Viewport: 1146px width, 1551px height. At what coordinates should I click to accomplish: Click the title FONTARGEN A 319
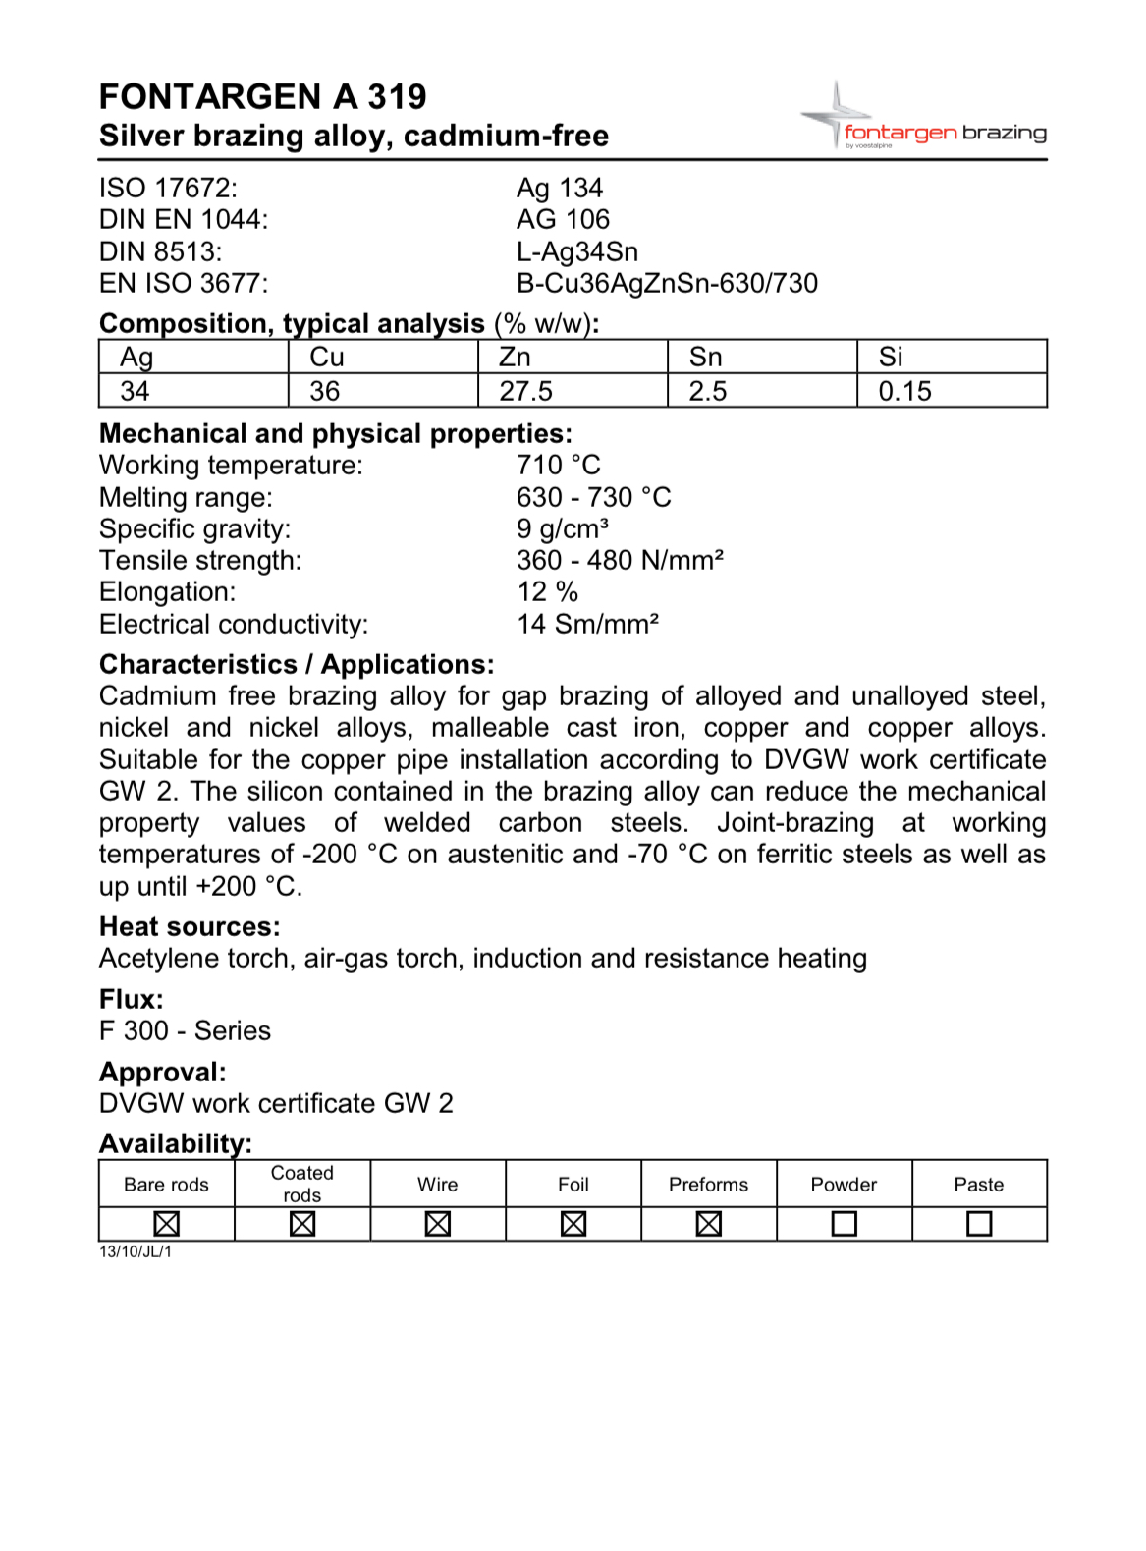[x=262, y=96]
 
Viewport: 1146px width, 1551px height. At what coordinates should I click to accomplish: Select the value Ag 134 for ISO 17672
[x=560, y=188]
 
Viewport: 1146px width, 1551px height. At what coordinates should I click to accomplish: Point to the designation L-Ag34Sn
[x=577, y=251]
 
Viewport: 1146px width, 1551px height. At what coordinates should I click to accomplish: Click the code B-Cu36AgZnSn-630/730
[x=667, y=283]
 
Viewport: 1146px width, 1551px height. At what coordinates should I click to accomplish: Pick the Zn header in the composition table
[x=515, y=357]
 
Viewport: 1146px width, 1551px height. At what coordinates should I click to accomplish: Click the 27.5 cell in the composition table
[x=525, y=391]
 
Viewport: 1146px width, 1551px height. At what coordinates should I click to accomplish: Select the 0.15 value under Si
[x=904, y=391]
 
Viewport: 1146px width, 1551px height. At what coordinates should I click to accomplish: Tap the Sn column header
[x=705, y=357]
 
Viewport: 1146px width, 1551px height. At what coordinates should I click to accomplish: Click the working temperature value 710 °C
[x=559, y=465]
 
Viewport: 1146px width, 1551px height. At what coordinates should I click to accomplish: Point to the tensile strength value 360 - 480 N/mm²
[x=620, y=560]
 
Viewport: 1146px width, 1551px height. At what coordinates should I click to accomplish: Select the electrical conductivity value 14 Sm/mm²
[x=587, y=624]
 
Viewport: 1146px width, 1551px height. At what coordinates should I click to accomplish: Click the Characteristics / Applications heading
[x=297, y=664]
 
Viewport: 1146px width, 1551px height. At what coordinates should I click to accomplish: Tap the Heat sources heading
[x=190, y=926]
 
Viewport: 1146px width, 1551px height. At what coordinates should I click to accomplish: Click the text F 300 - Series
[x=185, y=1030]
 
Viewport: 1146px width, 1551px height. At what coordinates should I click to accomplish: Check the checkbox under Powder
[x=844, y=1224]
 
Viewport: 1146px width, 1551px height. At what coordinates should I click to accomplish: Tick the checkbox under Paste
[x=979, y=1224]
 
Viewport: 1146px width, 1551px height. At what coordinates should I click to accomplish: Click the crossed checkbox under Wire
[x=438, y=1224]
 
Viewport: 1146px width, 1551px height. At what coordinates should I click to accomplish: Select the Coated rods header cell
[x=302, y=1184]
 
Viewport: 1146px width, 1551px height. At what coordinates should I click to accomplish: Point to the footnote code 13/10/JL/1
[x=136, y=1251]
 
